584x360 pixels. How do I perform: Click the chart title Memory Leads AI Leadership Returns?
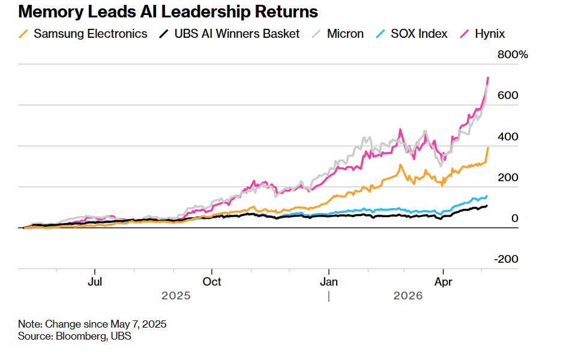click(x=168, y=12)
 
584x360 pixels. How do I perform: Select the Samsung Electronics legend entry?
click(x=83, y=34)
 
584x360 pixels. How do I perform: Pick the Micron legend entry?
click(x=337, y=34)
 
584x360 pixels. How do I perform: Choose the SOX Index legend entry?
click(x=412, y=34)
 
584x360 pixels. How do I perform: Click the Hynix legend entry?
click(x=483, y=34)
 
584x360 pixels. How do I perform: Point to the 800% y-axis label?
click(x=513, y=55)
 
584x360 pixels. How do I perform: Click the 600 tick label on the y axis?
click(x=508, y=95)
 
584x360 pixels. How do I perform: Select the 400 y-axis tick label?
click(x=508, y=137)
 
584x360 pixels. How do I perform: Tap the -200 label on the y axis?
click(x=506, y=259)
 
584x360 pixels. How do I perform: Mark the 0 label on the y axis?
click(x=515, y=218)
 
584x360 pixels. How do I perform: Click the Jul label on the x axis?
click(x=95, y=282)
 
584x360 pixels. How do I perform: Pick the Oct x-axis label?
click(x=211, y=282)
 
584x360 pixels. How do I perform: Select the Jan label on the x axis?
click(x=329, y=282)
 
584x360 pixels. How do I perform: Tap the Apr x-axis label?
click(x=443, y=282)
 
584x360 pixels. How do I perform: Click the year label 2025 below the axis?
click(x=176, y=296)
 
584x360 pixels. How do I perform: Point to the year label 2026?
click(x=408, y=296)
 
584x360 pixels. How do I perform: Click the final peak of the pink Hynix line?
click(x=489, y=77)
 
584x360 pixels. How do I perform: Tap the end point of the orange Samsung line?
click(x=489, y=148)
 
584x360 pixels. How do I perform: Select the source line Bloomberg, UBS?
click(x=74, y=336)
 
